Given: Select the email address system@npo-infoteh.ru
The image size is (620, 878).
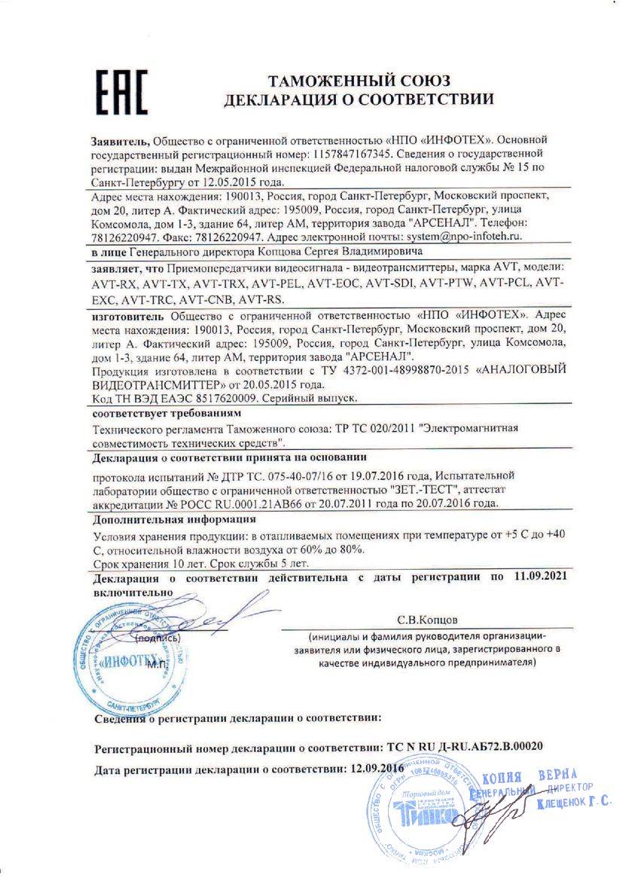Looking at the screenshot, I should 459,237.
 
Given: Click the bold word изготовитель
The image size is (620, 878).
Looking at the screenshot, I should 129,316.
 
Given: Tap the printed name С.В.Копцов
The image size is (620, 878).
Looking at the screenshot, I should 431,620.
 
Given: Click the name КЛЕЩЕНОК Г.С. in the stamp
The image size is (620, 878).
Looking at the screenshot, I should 574,803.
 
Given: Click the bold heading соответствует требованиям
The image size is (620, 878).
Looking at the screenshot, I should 166,413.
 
